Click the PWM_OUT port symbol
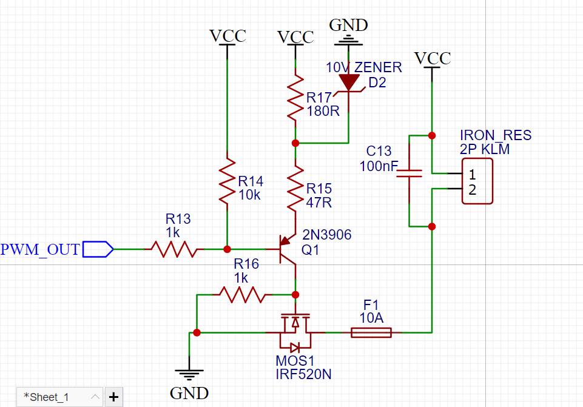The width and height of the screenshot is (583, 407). pos(98,249)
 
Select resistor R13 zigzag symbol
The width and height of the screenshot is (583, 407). pos(174,249)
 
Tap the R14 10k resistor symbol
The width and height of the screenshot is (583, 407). pos(227,181)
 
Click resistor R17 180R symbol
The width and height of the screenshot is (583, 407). pos(295,98)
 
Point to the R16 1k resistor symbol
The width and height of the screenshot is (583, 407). pos(243,295)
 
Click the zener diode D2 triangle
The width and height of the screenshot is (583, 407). pos(349,82)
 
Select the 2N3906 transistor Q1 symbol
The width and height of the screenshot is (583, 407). pos(288,249)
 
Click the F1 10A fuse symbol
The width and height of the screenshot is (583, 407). pos(371,332)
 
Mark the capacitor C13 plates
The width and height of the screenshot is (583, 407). pos(409,173)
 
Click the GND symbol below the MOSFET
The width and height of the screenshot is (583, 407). pos(189,373)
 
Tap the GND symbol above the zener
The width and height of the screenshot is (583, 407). pos(348,41)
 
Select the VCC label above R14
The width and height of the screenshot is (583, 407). pos(227,36)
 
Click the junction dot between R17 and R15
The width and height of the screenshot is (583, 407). pos(295,143)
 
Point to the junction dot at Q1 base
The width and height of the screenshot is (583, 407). pos(227,249)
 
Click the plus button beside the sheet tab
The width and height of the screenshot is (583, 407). pos(114,397)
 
